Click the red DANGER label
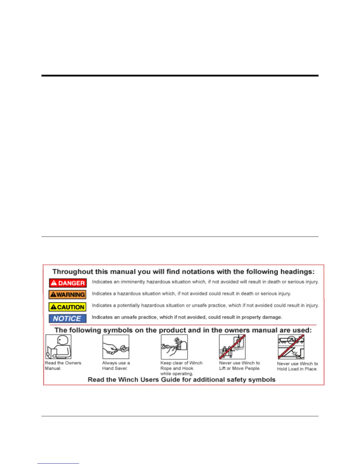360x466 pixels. click(68, 283)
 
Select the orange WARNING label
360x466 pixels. click(68, 295)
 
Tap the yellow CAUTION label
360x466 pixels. click(68, 307)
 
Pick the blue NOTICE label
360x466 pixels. click(68, 319)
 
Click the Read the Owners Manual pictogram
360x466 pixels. click(58, 347)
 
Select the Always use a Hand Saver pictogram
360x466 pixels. click(116, 347)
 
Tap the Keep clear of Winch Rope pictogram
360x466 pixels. click(174, 347)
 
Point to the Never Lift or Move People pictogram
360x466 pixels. click(232, 347)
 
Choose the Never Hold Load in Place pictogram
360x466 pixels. click(291, 347)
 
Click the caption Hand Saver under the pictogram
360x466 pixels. click(115, 368)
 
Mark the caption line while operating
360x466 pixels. click(177, 374)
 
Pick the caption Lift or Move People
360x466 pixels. click(240, 368)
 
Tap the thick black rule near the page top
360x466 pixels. click(180, 76)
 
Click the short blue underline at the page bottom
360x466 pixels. click(58, 464)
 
